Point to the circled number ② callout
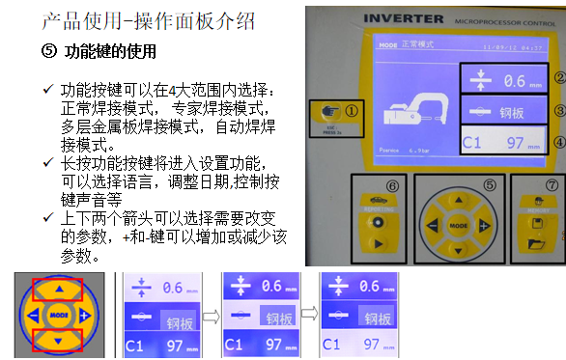pyautogui.click(x=557, y=78)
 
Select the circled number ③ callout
pyautogui.click(x=557, y=110)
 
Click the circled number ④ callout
pyautogui.click(x=557, y=145)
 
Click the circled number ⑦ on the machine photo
pyautogui.click(x=552, y=184)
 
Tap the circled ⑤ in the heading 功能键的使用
pyautogui.click(x=51, y=49)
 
